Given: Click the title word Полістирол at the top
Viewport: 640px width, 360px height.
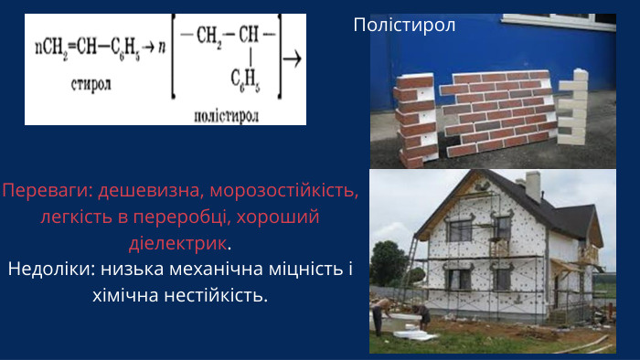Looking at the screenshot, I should pyautogui.click(x=404, y=26).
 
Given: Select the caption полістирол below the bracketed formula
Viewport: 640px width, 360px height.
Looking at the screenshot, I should pyautogui.click(x=226, y=116).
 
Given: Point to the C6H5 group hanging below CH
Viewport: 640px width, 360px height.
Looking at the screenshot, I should pyautogui.click(x=244, y=85).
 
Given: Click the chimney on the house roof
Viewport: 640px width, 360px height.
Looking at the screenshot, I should pyautogui.click(x=533, y=185).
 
